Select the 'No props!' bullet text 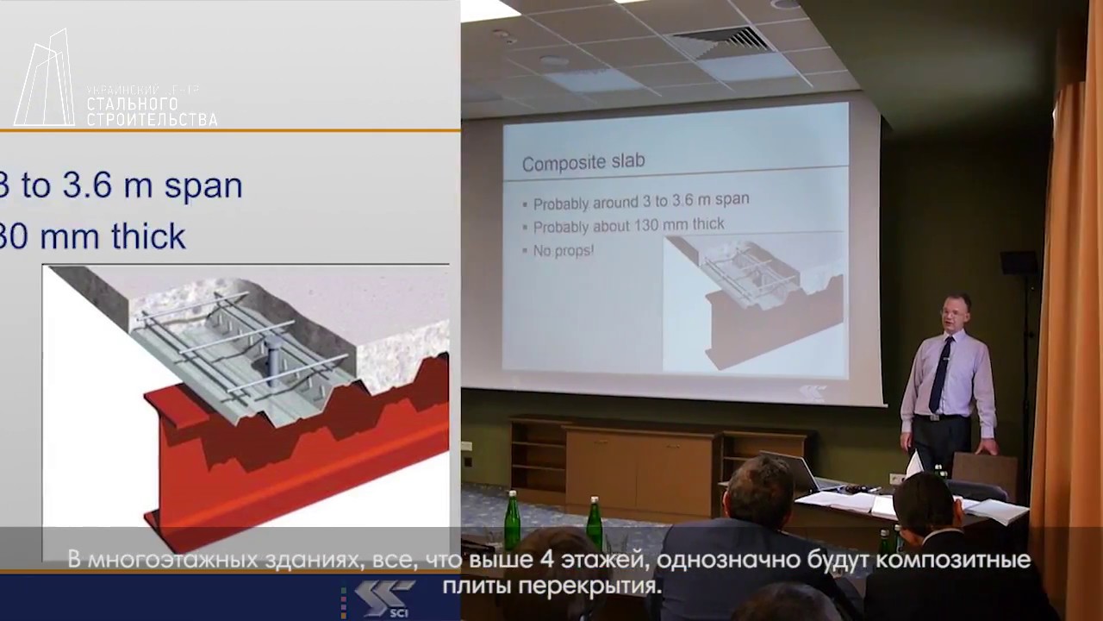coord(564,250)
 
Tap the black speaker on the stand coord(1019,262)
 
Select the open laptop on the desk coord(789,471)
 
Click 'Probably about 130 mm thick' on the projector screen coord(628,225)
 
